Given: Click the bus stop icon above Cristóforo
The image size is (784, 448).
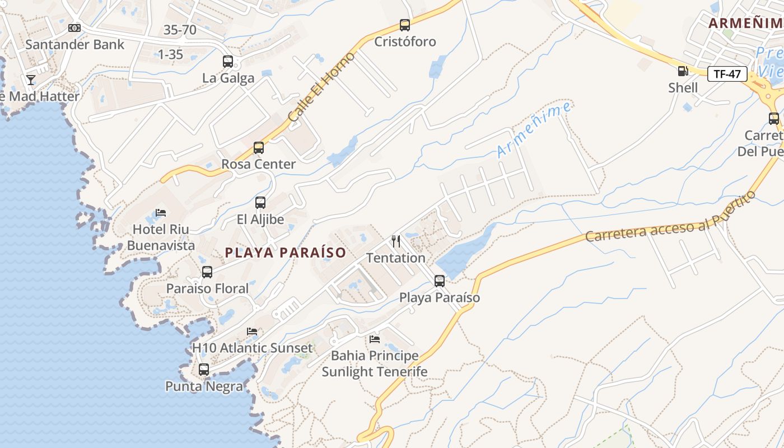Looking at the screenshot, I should click(x=405, y=25).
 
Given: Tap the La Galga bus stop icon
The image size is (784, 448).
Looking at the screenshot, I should click(x=228, y=62).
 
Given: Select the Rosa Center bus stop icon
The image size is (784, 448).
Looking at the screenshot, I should click(x=258, y=148).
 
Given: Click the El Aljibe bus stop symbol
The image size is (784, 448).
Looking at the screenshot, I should click(x=260, y=203).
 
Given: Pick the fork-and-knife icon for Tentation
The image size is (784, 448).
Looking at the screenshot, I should click(x=396, y=241).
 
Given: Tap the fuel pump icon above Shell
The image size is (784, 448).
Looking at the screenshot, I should click(x=683, y=71).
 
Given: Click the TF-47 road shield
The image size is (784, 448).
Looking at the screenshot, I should click(x=727, y=74).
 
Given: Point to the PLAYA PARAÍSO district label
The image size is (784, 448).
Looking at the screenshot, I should click(x=286, y=253).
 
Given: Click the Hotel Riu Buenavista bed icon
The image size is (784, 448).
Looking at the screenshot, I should click(x=161, y=213).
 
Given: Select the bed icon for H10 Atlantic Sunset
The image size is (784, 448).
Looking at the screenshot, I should click(x=252, y=332).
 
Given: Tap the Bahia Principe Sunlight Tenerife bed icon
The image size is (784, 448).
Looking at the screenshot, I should click(x=375, y=339).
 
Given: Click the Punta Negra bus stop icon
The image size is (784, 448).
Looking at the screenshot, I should click(x=204, y=370).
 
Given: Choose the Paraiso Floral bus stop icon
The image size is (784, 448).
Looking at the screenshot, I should click(x=207, y=272).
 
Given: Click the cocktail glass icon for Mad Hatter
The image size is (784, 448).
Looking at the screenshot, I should click(x=31, y=80).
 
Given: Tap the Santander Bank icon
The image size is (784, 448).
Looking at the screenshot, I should click(x=74, y=28).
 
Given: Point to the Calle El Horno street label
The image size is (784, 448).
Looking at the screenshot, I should click(x=321, y=87).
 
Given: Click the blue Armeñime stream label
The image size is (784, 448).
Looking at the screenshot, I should click(x=534, y=129).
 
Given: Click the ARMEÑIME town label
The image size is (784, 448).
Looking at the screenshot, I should click(x=745, y=24).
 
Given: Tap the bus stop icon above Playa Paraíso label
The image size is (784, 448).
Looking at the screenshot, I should click(x=440, y=281).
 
